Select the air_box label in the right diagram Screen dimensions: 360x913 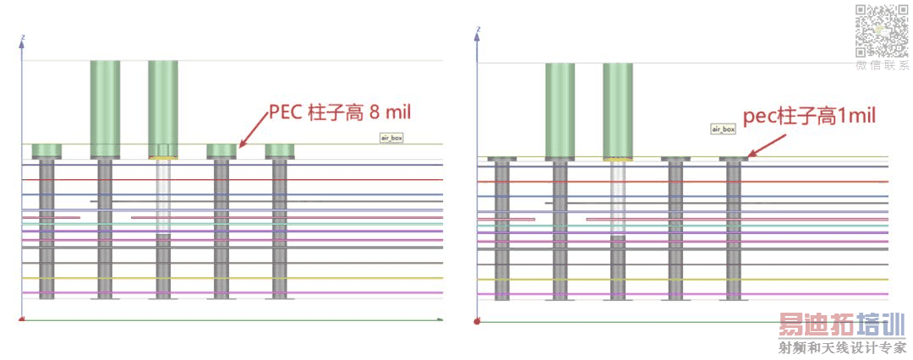(x=723, y=129)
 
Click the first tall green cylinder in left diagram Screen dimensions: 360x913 (x=106, y=108)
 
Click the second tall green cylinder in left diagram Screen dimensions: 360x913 (x=163, y=108)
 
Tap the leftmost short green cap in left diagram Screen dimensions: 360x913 (x=47, y=151)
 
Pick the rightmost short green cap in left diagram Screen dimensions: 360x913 (x=279, y=151)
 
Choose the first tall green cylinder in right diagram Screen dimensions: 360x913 (x=560, y=110)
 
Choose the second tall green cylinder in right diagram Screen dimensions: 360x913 (x=617, y=110)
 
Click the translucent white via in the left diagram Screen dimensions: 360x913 (x=163, y=199)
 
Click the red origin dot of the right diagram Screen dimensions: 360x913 (x=478, y=321)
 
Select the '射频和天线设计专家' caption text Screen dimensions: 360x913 (x=841, y=348)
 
